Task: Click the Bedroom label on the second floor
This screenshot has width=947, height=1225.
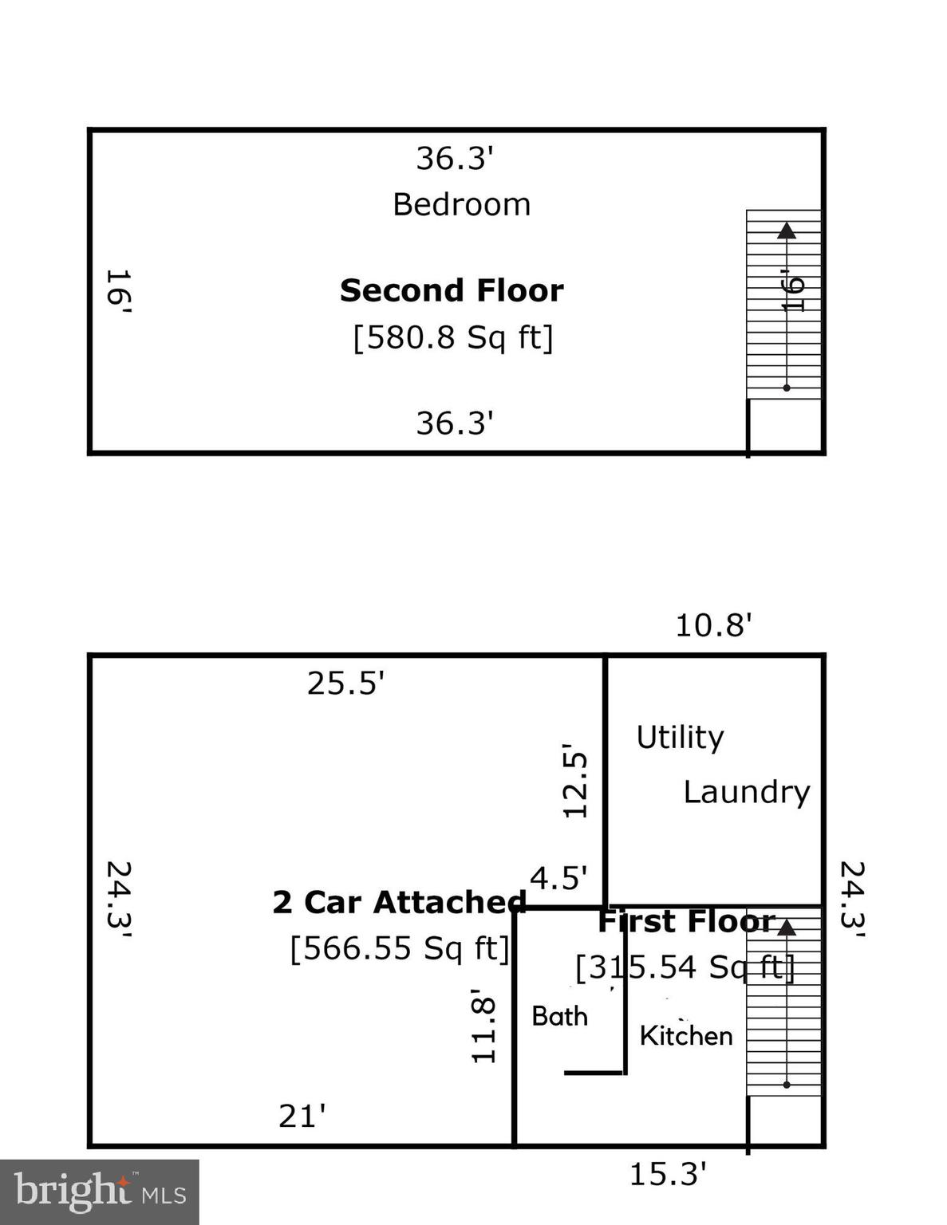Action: click(461, 205)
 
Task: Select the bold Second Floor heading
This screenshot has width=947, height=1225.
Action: click(452, 290)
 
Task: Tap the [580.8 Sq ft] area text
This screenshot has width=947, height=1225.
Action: click(452, 337)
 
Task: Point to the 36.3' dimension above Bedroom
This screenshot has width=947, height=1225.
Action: click(455, 159)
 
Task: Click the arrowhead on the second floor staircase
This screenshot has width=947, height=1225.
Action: click(787, 230)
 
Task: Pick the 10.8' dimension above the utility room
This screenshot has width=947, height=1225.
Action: click(713, 625)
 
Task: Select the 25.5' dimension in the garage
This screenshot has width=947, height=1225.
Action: click(345, 683)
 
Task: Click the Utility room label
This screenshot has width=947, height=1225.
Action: click(680, 738)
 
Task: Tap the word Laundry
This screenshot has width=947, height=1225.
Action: click(746, 792)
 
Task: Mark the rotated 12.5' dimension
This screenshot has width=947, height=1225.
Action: click(575, 785)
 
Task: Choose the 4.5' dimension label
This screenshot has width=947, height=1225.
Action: click(558, 879)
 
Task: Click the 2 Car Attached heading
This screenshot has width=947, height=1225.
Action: click(399, 902)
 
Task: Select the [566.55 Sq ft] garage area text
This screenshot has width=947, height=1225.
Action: click(399, 948)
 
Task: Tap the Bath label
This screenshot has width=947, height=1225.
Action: click(559, 1016)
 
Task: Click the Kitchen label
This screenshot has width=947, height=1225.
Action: click(686, 1036)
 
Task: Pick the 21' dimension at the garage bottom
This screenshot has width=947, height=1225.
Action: click(302, 1116)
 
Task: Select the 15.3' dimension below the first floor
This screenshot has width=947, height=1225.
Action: click(668, 1174)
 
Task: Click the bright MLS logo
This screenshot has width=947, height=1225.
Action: click(99, 1192)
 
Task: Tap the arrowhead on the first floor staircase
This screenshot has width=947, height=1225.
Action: click(787, 928)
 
